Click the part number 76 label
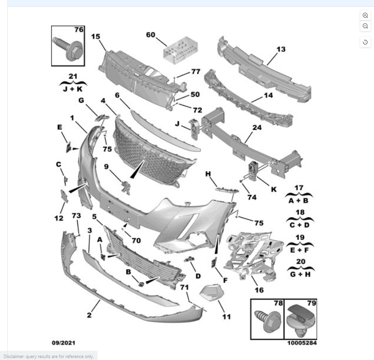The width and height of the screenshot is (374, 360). (x=78, y=30)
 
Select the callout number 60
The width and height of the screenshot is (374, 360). (x=151, y=35)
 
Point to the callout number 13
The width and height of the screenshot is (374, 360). (x=281, y=49)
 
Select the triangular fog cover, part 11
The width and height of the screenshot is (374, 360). (x=209, y=293)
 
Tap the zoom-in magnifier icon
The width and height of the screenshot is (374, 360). (x=365, y=16)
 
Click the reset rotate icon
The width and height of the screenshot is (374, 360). (x=365, y=43)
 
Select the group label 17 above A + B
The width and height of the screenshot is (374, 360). (x=300, y=187)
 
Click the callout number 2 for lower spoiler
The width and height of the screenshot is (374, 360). (x=89, y=315)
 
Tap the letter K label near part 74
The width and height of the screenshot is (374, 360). (x=273, y=189)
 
